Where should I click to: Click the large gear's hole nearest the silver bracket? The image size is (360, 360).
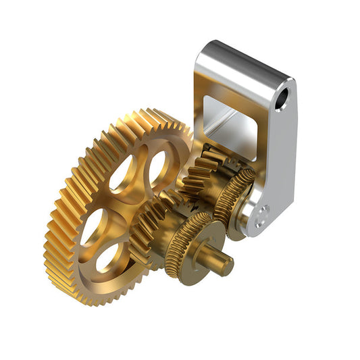(x=157, y=166)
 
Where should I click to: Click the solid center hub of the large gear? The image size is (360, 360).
(x=128, y=203)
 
